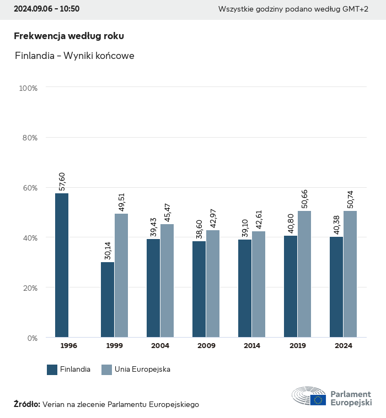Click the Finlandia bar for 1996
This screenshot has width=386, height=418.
[x=62, y=265]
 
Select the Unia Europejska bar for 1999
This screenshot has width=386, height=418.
[x=121, y=275]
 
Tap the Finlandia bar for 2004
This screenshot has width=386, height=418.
[x=153, y=287]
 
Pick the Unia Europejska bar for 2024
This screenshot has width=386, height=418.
[x=350, y=274]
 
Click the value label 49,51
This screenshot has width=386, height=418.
[x=121, y=202]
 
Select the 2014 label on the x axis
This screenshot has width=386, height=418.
[x=252, y=346]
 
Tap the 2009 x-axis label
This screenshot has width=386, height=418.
[x=206, y=346]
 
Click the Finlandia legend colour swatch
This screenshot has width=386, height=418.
[x=52, y=370]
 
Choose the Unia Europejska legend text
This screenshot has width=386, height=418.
[x=142, y=370]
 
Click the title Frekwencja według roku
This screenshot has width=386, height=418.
[x=69, y=36]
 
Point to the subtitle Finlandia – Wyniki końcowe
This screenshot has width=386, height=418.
[x=75, y=56]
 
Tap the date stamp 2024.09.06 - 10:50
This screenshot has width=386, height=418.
[x=46, y=9]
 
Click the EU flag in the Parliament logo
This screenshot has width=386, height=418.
[x=318, y=400]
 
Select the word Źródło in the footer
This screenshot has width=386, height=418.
[x=26, y=404]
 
